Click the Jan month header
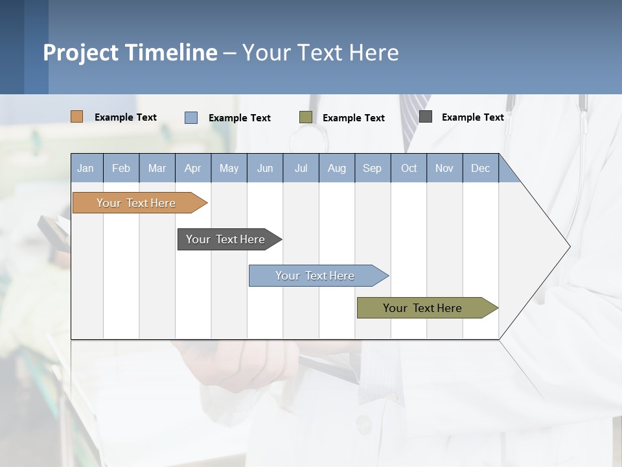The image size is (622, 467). click(86, 168)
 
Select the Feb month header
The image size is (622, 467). click(121, 168)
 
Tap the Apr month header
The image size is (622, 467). click(192, 168)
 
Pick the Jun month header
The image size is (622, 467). click(265, 168)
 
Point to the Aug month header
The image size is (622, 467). click(336, 168)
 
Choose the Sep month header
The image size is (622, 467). click(372, 168)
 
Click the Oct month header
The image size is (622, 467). click(409, 168)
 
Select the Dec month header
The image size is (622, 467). click(480, 168)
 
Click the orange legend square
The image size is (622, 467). click(77, 117)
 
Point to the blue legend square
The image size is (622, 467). click(191, 117)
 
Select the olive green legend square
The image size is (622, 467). click(306, 117)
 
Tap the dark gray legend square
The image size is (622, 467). click(426, 117)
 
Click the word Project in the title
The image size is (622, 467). click(80, 53)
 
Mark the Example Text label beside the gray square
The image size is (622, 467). click(472, 117)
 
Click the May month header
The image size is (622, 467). click(229, 168)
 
